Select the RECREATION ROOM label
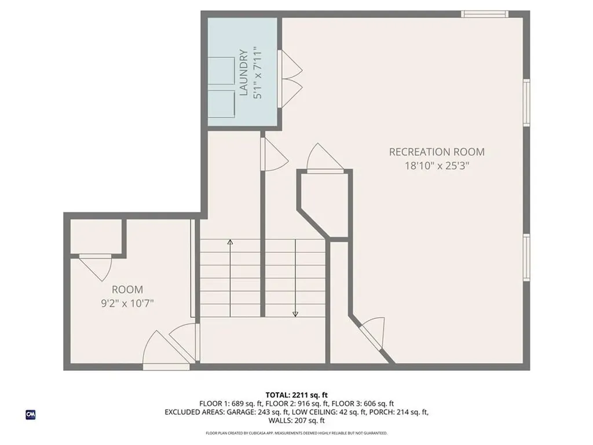[x=437, y=152]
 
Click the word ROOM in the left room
[x=127, y=289]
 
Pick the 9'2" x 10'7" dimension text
[x=127, y=302]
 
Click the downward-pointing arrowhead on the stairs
[x=295, y=313]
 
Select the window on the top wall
[x=485, y=14]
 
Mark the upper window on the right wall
[x=526, y=102]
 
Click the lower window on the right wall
[x=526, y=257]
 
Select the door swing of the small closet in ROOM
[x=95, y=268]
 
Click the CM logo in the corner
[x=30, y=414]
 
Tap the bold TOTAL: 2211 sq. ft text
[x=296, y=395]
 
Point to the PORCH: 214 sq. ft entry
[x=399, y=412]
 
